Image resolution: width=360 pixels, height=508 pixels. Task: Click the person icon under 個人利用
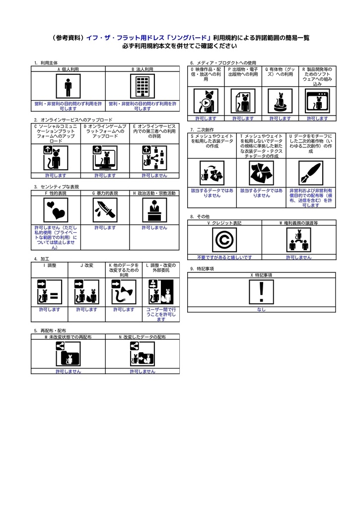(x=68, y=86)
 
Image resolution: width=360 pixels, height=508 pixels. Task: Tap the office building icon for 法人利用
(x=143, y=86)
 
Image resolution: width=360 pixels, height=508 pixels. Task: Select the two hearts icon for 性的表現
(x=56, y=210)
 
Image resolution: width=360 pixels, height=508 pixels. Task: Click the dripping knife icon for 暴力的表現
(x=105, y=210)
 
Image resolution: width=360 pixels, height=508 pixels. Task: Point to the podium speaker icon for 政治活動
(x=155, y=210)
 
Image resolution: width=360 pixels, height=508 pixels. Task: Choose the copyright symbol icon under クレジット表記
(x=224, y=240)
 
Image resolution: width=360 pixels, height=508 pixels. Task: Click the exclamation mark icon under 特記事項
(x=261, y=292)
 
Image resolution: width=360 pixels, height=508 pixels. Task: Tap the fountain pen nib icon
(x=311, y=173)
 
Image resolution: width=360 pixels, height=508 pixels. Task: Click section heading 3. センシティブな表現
(x=57, y=187)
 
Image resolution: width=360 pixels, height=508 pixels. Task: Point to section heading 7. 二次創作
(x=202, y=129)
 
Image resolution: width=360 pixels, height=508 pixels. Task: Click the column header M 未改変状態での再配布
(x=68, y=337)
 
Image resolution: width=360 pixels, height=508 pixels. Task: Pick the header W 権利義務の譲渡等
(x=299, y=223)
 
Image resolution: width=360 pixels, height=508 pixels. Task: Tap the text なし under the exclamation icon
(x=261, y=310)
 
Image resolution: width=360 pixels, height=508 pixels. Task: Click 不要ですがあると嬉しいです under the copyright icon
(x=224, y=257)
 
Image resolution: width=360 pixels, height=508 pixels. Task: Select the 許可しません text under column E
(x=154, y=176)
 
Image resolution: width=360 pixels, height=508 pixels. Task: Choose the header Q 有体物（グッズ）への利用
(x=280, y=71)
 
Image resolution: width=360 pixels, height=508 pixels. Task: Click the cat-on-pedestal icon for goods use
(x=280, y=101)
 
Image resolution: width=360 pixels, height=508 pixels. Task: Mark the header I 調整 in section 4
(x=50, y=265)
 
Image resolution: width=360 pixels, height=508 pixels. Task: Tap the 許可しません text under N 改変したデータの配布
(x=143, y=372)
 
